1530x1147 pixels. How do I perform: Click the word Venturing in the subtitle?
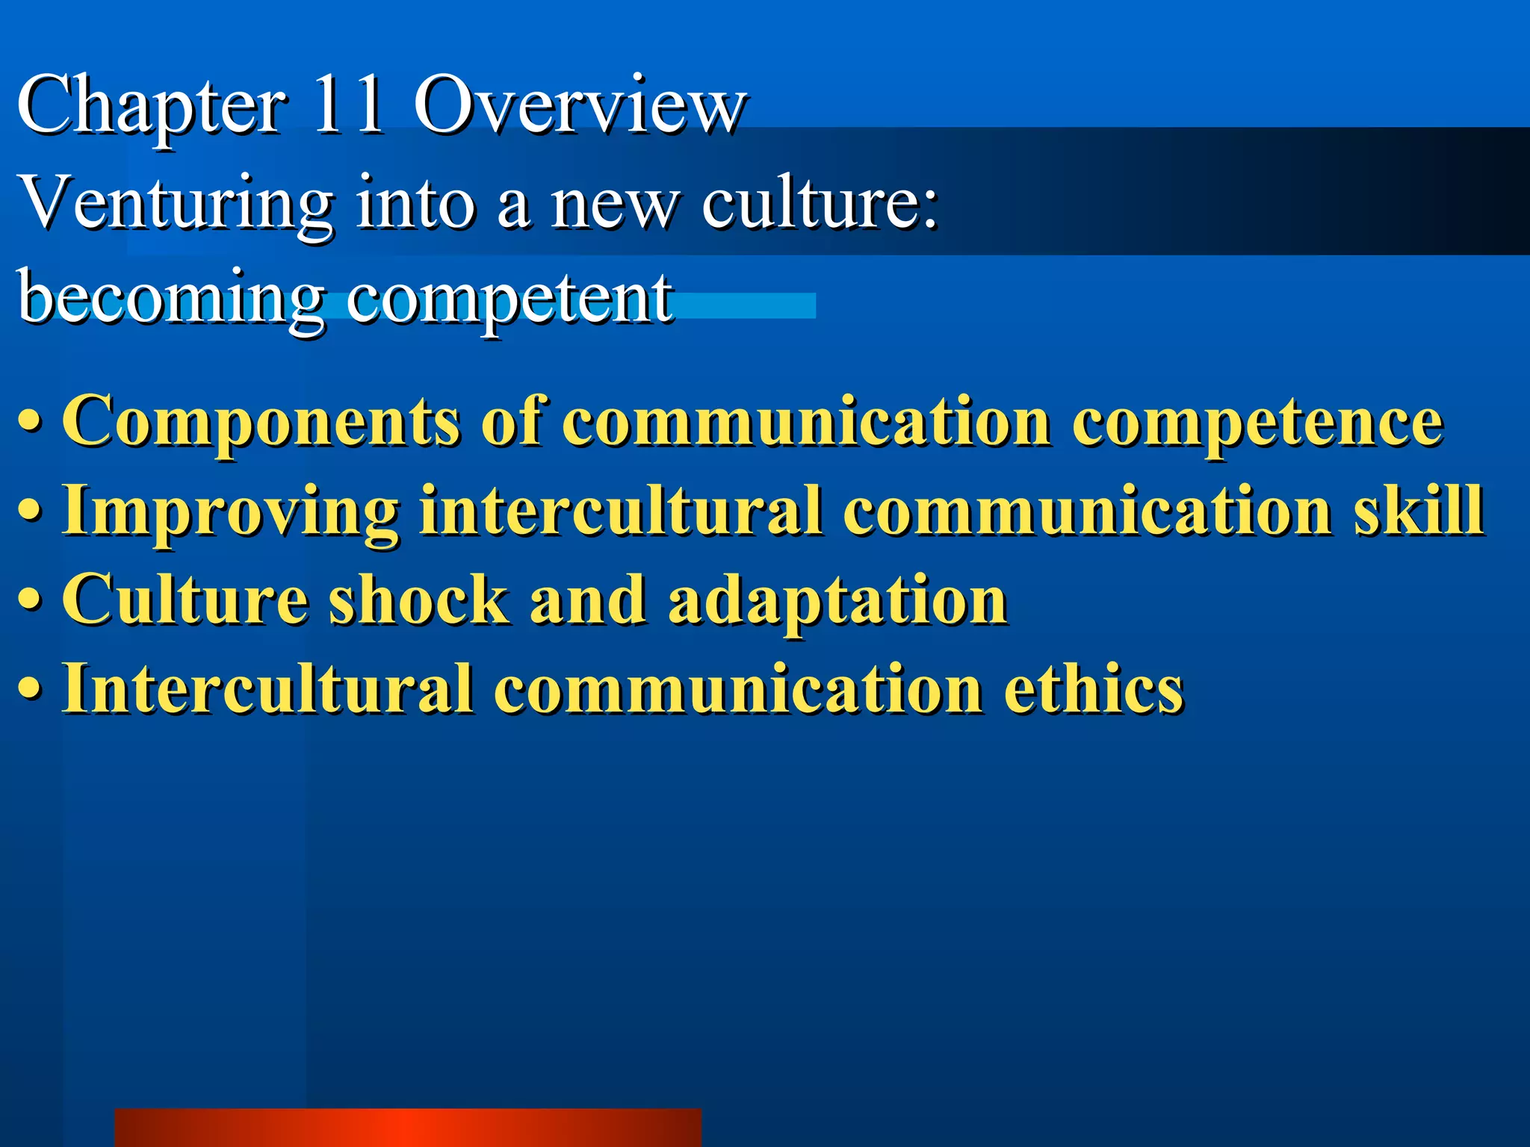[176, 203]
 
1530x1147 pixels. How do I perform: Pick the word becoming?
[170, 299]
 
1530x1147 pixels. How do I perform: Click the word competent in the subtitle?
[510, 299]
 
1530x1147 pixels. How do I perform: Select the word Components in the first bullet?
[261, 423]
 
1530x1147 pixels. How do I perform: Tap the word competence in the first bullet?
[1257, 423]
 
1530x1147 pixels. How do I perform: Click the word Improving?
[231, 512]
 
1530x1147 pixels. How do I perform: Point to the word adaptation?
[837, 600]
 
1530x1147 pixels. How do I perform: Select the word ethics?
[1094, 688]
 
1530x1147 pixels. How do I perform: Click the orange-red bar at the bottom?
[408, 1127]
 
